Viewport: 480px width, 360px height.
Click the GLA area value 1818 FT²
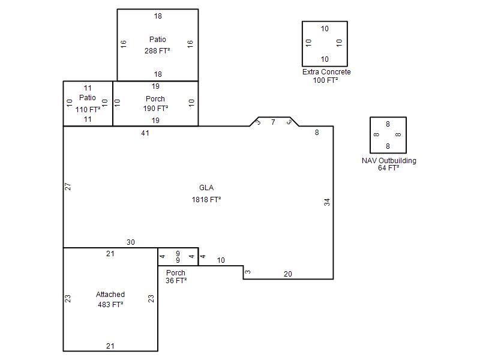point(206,200)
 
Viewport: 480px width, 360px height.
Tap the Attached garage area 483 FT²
point(110,305)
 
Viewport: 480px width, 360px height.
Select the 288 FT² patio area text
point(157,50)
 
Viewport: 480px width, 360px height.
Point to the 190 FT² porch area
point(155,109)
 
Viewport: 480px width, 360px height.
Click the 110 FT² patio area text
point(88,109)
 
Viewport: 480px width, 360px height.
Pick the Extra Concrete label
point(326,72)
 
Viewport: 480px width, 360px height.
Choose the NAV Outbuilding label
point(389,161)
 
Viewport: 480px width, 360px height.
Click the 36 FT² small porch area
point(176,280)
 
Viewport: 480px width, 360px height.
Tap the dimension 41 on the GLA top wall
point(145,133)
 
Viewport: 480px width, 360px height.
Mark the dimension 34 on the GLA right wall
point(327,202)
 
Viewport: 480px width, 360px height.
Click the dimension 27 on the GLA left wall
point(68,187)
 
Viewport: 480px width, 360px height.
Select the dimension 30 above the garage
point(131,242)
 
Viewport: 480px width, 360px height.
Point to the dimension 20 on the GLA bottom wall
point(288,274)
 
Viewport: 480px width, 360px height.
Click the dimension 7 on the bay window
point(273,122)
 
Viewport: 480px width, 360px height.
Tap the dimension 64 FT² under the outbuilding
point(388,168)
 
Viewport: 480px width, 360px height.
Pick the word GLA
point(206,188)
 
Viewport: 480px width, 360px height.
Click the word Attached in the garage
point(110,295)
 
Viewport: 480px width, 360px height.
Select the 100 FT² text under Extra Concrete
point(325,80)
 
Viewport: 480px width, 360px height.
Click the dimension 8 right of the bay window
point(317,133)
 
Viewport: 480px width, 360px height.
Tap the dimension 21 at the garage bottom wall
point(110,346)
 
